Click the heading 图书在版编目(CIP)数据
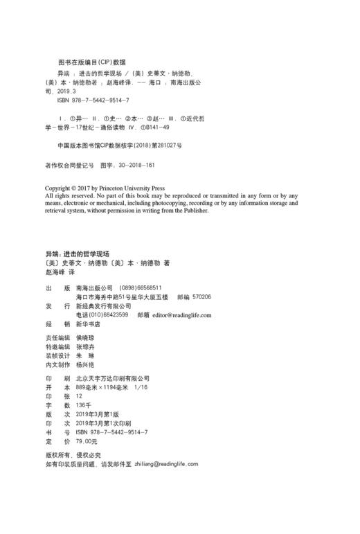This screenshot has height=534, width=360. click(92, 61)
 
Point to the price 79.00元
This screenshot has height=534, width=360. click(87, 440)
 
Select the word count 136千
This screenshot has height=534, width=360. click(84, 404)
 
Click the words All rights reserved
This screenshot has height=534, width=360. click(69, 195)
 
